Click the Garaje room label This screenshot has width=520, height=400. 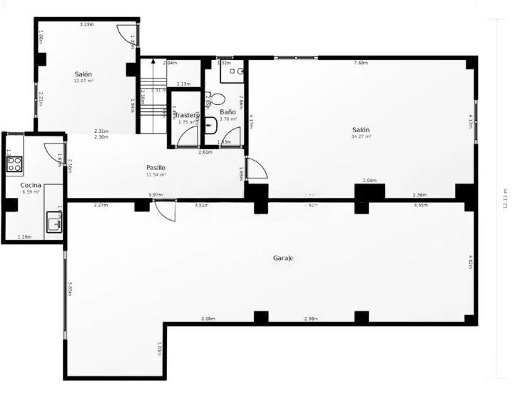click(283, 258)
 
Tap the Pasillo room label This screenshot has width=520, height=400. click(156, 167)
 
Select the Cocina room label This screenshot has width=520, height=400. click(31, 185)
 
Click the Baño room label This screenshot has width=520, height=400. click(228, 112)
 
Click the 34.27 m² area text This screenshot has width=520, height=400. click(362, 136)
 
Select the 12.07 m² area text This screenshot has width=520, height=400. click(83, 81)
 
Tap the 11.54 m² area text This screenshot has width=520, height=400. click(156, 174)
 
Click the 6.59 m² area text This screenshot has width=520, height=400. click(31, 191)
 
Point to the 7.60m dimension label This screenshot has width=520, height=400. click(361, 63)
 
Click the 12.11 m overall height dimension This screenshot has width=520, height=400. click(504, 199)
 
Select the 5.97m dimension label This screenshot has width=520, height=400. click(155, 195)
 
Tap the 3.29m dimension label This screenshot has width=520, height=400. click(86, 25)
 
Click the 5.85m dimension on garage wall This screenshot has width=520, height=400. click(70, 289)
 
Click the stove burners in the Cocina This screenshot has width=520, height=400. click(14, 165)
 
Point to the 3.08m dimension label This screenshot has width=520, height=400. click(208, 319)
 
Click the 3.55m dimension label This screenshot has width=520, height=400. click(422, 205)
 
